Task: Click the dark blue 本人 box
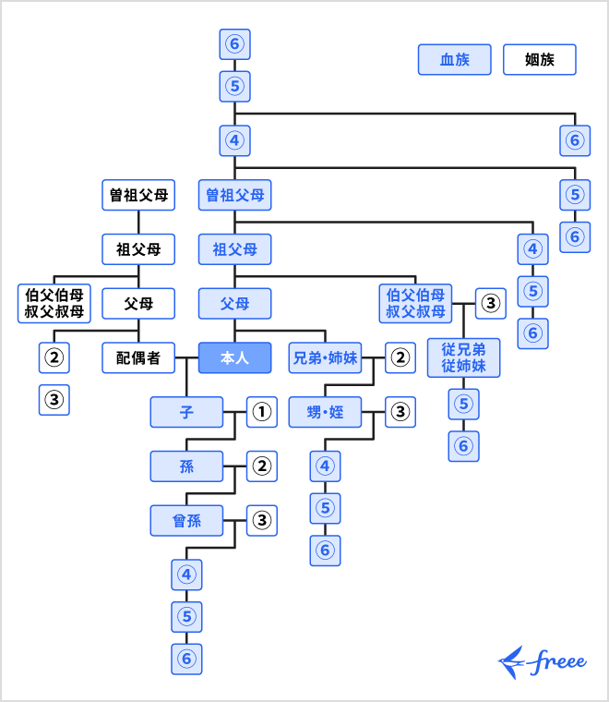[x=234, y=357]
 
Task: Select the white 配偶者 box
[x=137, y=357]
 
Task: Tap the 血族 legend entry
[x=454, y=60]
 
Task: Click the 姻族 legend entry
[x=539, y=60]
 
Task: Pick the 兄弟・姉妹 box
[x=325, y=357]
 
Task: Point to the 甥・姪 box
[x=325, y=412]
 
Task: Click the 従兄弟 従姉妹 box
[x=463, y=357]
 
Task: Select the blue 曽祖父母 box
[x=234, y=195]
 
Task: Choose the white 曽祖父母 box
[x=137, y=195]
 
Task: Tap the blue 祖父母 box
[x=234, y=248]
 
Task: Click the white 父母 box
[x=137, y=302]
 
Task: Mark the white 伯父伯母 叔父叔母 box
[x=53, y=302]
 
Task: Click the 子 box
[x=186, y=412]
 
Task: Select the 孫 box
[x=186, y=466]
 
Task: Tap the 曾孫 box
[x=186, y=521]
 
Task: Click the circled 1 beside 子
[x=262, y=412]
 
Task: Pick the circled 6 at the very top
[x=234, y=42]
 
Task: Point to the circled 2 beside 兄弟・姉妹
[x=399, y=357]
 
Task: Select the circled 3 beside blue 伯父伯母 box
[x=490, y=302]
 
